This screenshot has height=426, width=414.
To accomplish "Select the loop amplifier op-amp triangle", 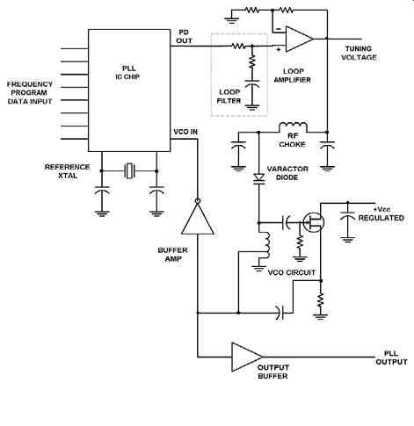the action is click(x=300, y=39).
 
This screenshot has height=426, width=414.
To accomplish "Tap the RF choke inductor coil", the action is click(x=293, y=127).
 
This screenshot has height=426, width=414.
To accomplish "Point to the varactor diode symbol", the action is click(x=258, y=178).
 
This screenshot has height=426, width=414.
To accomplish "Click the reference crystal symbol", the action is click(x=129, y=171).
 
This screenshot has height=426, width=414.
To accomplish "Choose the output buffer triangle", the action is click(x=247, y=357).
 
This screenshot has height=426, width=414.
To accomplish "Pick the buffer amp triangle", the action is click(x=198, y=217).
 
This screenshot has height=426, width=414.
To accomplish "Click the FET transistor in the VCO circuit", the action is click(x=313, y=222).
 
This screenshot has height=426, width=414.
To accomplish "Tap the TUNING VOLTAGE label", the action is click(x=359, y=53).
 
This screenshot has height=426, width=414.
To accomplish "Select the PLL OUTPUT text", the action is click(x=391, y=357).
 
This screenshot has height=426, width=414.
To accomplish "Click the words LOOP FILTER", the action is click(x=229, y=97).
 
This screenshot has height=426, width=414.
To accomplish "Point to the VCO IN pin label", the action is click(x=185, y=132).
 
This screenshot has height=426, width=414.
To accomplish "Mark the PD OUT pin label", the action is click(x=184, y=37).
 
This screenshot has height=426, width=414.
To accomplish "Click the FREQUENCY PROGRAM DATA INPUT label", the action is click(x=30, y=93).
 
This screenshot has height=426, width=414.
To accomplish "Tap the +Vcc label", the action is click(x=381, y=209).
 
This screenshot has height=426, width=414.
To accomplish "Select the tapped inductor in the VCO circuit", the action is click(x=266, y=245).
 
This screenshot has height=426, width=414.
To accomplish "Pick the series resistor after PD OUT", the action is click(x=238, y=46).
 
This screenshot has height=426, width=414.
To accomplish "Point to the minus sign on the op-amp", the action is click(x=279, y=29).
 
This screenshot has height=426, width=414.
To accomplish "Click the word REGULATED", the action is click(x=381, y=218).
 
